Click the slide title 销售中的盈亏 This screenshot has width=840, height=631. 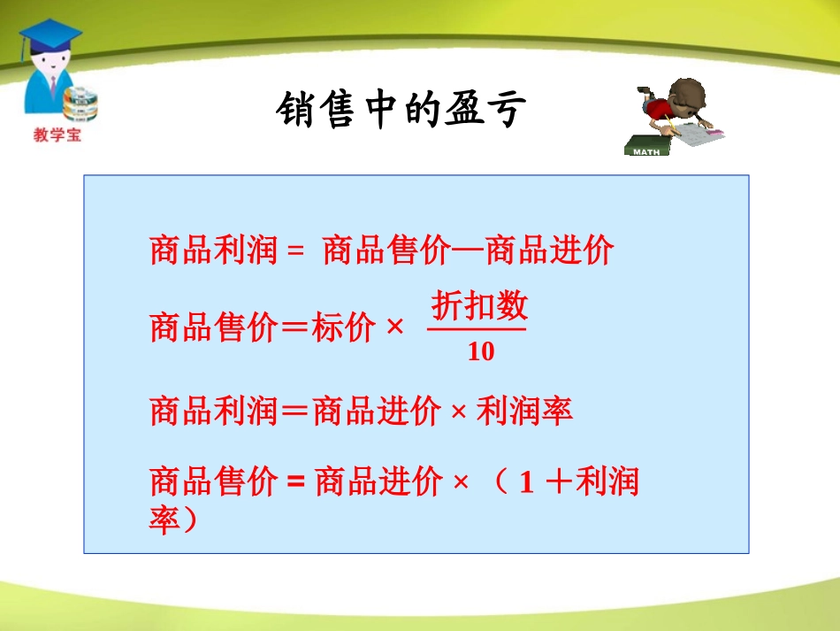(401, 111)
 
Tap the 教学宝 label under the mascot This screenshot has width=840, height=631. (57, 136)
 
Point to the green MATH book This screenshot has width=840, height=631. (646, 147)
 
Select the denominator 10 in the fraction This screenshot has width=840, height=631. (480, 352)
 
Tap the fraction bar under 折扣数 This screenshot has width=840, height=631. (477, 330)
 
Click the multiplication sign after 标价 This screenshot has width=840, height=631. (394, 329)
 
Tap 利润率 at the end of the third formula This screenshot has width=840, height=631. (524, 411)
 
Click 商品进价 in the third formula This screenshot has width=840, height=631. (377, 411)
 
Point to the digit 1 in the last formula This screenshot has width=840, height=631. (527, 483)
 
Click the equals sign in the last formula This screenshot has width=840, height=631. (295, 483)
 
